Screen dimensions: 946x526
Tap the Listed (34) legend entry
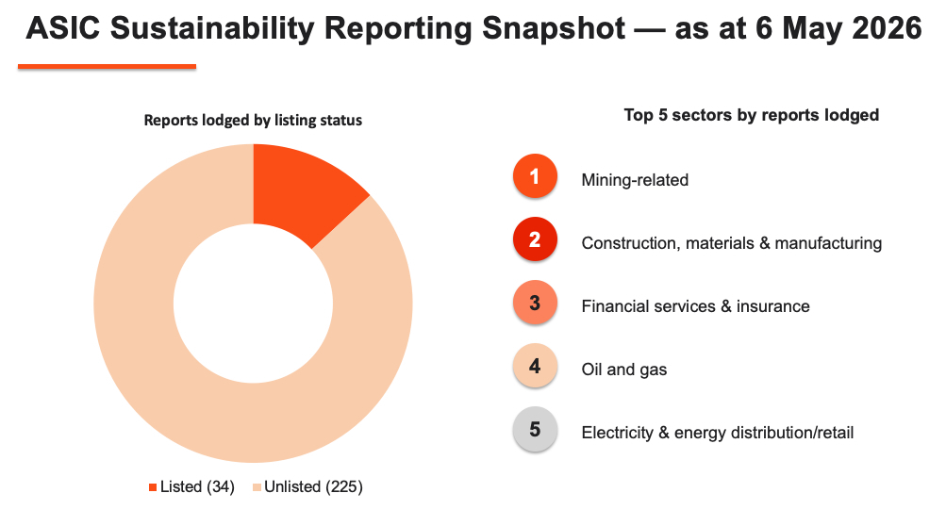point(191,486)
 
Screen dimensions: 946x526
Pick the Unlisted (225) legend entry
point(307,486)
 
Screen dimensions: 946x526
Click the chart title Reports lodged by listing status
point(253,120)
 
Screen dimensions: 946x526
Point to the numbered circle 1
point(535,176)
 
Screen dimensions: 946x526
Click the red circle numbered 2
point(535,239)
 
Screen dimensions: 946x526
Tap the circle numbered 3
point(535,303)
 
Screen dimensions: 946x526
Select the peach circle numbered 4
point(535,366)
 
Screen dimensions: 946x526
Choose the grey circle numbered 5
point(535,430)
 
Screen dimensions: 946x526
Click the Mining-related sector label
point(635,180)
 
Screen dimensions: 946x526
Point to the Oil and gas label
point(623,370)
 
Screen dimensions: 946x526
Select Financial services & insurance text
point(695,305)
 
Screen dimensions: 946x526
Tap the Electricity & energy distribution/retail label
point(718,433)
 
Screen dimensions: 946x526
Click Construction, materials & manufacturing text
point(731,243)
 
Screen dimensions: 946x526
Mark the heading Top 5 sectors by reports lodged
point(751,115)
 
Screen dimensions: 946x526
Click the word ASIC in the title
point(63,28)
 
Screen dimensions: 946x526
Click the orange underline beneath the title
point(107,66)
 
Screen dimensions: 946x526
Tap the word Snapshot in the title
point(554,29)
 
